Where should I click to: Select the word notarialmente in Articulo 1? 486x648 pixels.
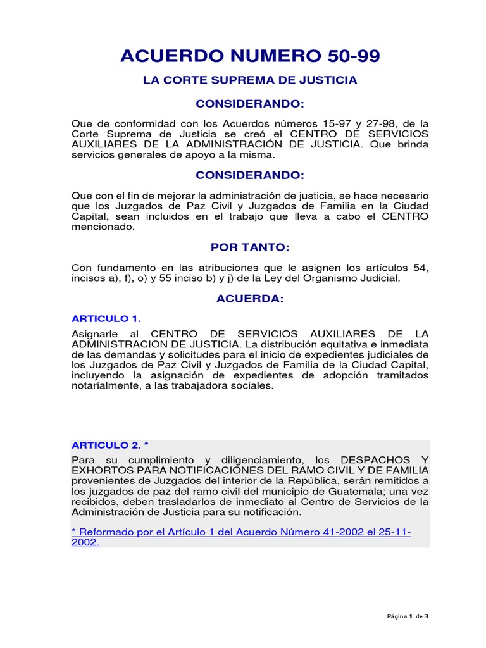103,385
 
